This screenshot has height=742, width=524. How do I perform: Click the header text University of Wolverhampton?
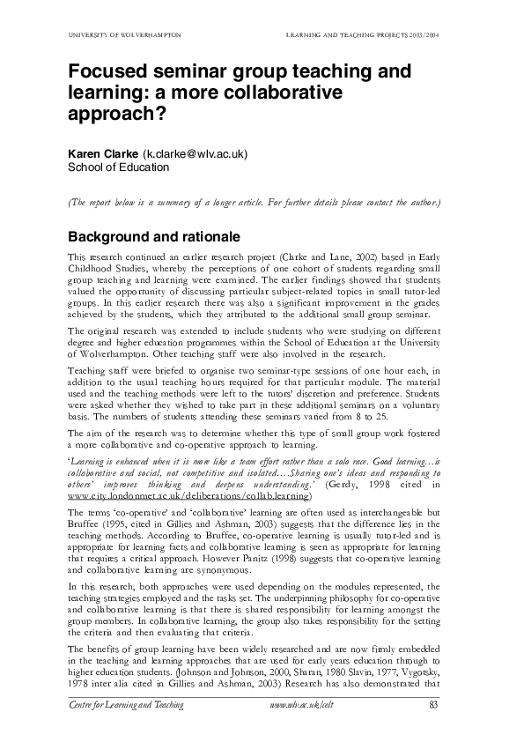(124, 34)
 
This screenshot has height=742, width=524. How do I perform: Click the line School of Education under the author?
(119, 167)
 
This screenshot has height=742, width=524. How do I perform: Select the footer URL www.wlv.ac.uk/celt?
(301, 704)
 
